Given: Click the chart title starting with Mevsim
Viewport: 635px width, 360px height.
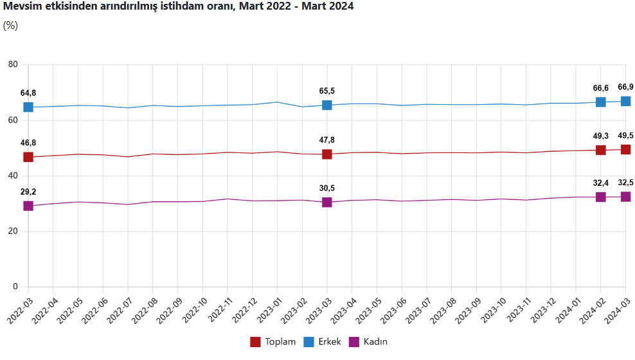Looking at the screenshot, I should [178, 6].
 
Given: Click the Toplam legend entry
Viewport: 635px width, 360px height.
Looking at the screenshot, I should [273, 342].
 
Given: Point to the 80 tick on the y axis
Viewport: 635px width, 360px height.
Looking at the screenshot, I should [13, 64].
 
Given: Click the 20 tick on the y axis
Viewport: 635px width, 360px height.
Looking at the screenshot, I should [13, 231].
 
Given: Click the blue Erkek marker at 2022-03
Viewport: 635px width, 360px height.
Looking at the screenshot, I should [28, 107].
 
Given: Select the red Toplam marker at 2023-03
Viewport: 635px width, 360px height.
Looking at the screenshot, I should [326, 154].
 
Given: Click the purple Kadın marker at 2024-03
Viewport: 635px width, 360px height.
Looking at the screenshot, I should [625, 197].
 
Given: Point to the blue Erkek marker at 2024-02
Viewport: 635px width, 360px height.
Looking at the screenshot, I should [600, 102].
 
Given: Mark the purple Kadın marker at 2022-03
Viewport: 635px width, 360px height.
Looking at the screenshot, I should [28, 206].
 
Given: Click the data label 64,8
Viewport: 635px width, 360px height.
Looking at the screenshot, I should [28, 93].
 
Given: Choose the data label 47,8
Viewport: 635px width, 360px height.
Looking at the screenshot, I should [327, 140].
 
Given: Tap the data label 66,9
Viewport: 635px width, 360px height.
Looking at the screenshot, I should [625, 87].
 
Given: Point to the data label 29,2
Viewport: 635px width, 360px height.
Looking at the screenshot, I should [28, 192].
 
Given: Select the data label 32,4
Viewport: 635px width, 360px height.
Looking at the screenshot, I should [600, 183].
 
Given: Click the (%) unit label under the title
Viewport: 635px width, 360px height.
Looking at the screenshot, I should [10, 26].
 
